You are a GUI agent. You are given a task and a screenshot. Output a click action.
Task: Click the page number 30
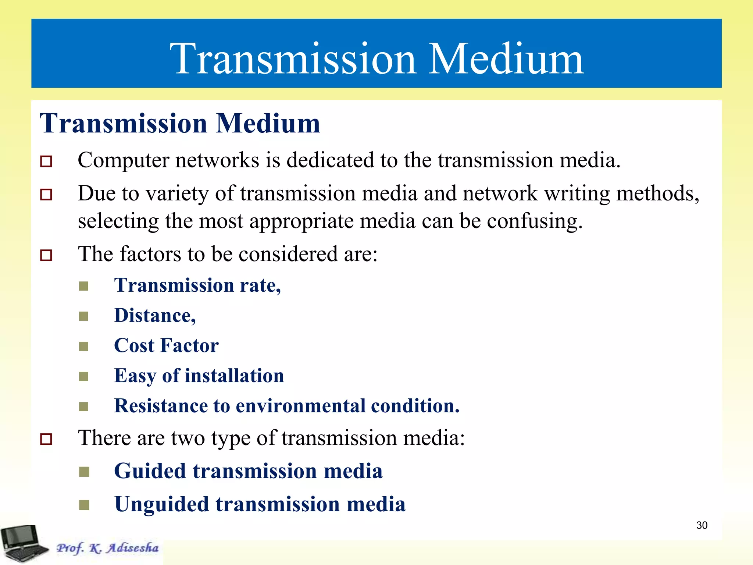(702, 525)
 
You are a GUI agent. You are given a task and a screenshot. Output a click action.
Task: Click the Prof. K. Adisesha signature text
(107, 548)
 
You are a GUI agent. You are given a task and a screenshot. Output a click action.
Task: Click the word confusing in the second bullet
(535, 221)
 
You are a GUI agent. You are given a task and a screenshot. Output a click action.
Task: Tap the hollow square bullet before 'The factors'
(46, 255)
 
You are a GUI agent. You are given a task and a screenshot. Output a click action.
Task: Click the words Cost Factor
(166, 346)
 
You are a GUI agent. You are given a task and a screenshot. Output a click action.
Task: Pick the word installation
(234, 376)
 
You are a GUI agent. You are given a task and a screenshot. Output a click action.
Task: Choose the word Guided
(150, 471)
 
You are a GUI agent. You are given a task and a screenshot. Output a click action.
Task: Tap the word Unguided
(161, 504)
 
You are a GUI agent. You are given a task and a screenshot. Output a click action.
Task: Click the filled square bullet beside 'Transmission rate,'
(84, 286)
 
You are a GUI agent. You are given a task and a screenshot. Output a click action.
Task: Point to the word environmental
(300, 406)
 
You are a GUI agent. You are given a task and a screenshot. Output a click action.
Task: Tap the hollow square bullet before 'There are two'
(46, 439)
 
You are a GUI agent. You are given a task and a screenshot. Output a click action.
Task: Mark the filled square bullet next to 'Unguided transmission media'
(84, 505)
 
